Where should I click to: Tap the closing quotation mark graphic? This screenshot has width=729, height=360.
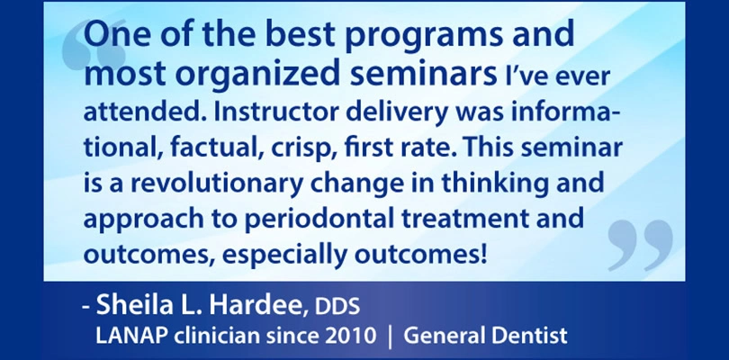640,245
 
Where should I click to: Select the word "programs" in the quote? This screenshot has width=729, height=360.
424,36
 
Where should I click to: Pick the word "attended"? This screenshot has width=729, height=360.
144,113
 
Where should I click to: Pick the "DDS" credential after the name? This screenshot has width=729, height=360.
337,307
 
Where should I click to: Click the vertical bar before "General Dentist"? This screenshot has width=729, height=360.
390,337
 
